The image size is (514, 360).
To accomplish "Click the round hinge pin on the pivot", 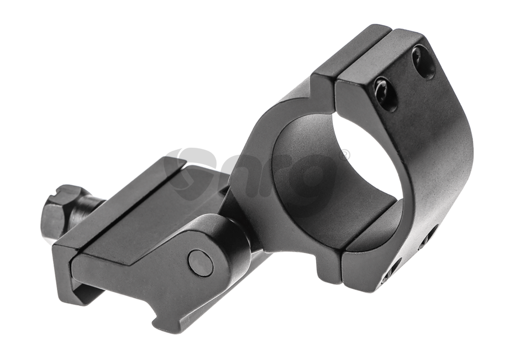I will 200,263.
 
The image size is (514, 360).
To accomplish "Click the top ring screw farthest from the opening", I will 423,61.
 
